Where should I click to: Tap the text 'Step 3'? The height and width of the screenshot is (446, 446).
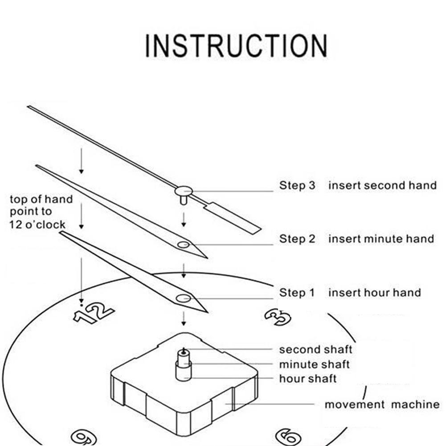point(297,185)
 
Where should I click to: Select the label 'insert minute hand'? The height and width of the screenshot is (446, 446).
point(381,239)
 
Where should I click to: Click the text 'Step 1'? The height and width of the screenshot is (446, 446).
point(297,293)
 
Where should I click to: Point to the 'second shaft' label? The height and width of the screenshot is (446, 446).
point(315,349)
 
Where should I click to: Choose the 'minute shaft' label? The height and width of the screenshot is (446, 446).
point(314,364)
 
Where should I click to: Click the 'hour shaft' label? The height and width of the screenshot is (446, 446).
point(307,379)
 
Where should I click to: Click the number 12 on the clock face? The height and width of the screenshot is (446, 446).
point(94,312)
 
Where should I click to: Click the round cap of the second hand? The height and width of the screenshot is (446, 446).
point(183,191)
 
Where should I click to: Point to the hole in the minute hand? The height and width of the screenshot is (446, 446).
point(183,245)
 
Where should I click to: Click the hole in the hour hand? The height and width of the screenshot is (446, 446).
point(183,299)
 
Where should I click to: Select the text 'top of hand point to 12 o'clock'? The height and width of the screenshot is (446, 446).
point(41,212)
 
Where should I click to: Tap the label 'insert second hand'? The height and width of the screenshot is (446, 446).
point(382,185)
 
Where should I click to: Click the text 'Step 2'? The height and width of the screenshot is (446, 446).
point(297,239)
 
